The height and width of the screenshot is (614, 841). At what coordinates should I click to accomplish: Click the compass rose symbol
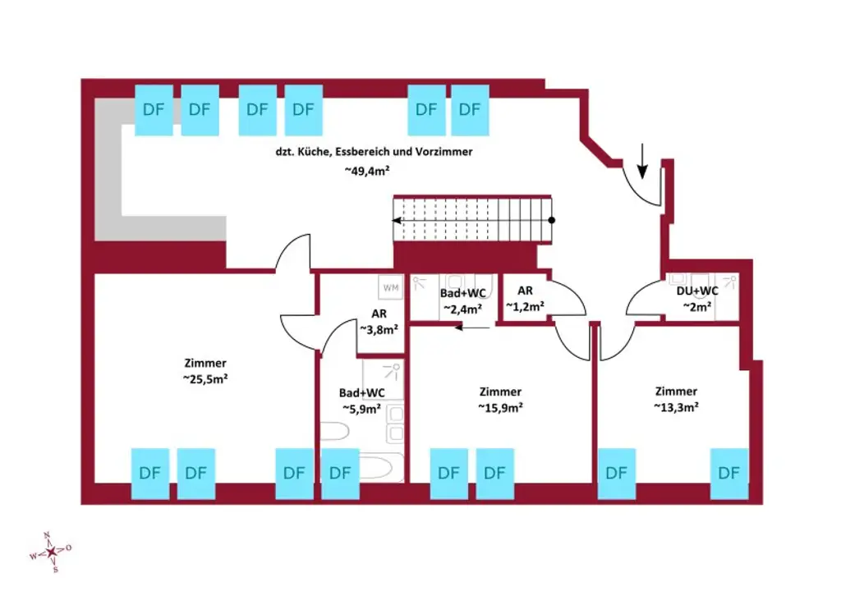pos(51,552)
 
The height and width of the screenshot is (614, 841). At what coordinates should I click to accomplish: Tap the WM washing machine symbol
pos(391,288)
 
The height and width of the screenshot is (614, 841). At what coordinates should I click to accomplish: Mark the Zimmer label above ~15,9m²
pos(500,392)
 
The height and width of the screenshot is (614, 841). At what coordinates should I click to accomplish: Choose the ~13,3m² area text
pos(676,406)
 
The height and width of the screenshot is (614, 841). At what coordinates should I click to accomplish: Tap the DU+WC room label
pos(692,291)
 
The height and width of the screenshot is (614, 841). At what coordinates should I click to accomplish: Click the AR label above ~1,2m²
pos(526,291)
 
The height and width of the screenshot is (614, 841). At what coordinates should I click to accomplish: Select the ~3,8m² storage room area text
pos(379,329)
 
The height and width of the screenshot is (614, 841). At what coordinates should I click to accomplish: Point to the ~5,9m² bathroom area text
pos(361,408)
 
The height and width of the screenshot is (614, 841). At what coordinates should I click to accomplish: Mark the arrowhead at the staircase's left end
pos(397,220)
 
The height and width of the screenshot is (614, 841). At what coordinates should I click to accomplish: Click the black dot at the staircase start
pos(552,220)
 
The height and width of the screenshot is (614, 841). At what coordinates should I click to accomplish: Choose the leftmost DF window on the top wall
pos(153,109)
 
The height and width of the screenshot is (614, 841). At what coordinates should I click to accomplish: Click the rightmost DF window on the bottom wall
pos(728,473)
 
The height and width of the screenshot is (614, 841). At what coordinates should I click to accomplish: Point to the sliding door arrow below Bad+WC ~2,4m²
pos(472,326)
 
